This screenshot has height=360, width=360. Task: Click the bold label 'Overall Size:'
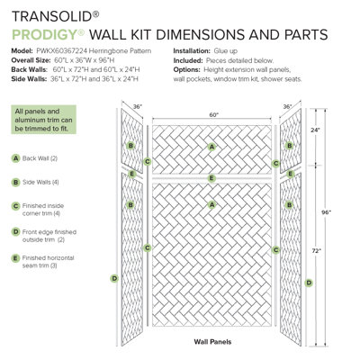37,60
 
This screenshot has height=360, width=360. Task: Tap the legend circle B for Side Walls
16,182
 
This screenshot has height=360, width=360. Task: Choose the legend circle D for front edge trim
16,231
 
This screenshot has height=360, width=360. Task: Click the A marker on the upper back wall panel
211,147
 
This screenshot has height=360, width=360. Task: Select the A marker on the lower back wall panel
211,205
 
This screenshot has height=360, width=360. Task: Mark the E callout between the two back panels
211,178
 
